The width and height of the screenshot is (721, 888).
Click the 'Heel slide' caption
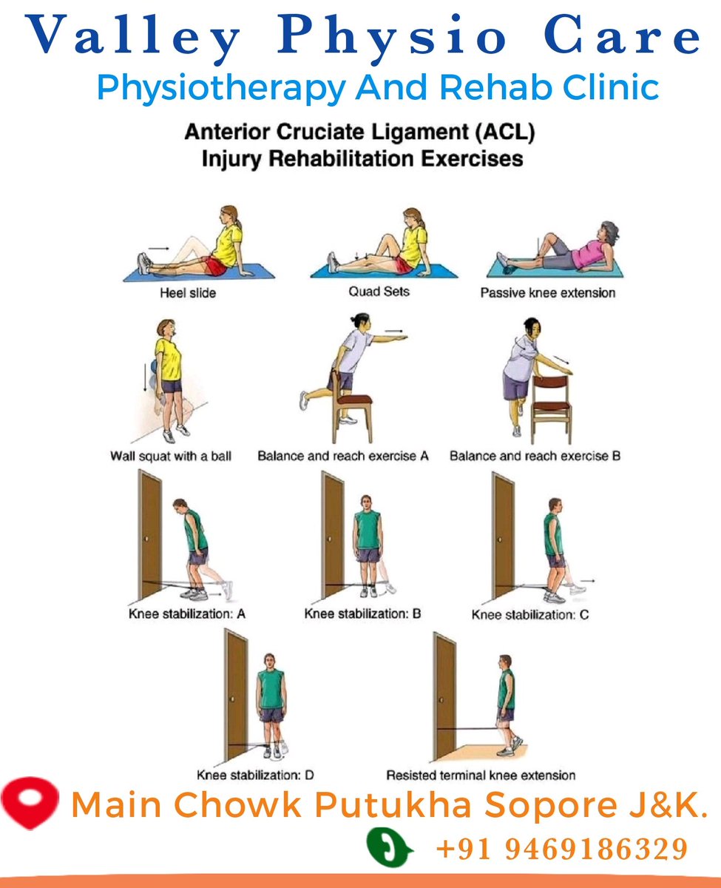[x=188, y=294]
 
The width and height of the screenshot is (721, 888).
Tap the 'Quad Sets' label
[x=379, y=292]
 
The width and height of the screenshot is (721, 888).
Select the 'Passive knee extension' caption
[x=547, y=293]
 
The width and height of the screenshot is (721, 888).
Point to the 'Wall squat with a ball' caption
[x=170, y=457]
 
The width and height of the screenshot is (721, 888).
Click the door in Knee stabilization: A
[x=150, y=536]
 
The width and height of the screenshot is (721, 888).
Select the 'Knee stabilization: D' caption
[x=255, y=776]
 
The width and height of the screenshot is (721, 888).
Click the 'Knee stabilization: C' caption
[x=530, y=615]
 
